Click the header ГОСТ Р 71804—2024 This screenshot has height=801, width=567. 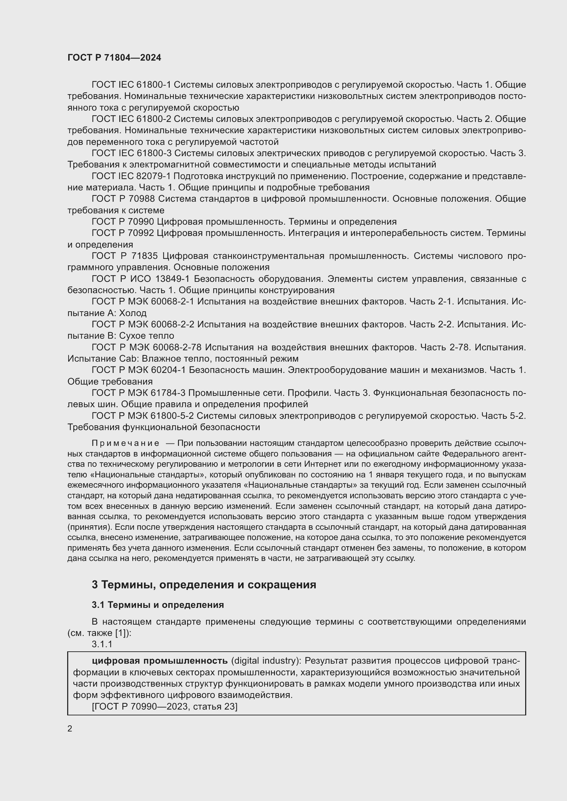pos(114,58)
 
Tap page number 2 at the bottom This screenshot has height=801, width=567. pos(70,728)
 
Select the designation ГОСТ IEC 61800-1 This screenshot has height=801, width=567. pos(131,85)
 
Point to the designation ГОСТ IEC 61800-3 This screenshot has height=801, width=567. pos(131,153)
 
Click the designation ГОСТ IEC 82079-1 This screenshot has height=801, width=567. pos(131,176)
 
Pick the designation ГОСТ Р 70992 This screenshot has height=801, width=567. pos(122,233)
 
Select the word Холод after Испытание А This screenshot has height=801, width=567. pos(133,313)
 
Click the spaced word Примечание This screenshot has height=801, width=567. pos(125,443)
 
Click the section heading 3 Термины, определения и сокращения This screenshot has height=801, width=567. pos(204,585)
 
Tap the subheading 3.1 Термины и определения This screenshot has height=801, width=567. pos(158,605)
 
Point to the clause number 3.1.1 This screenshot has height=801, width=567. pos(102,644)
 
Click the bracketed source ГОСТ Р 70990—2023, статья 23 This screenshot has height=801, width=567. pos(165,706)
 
